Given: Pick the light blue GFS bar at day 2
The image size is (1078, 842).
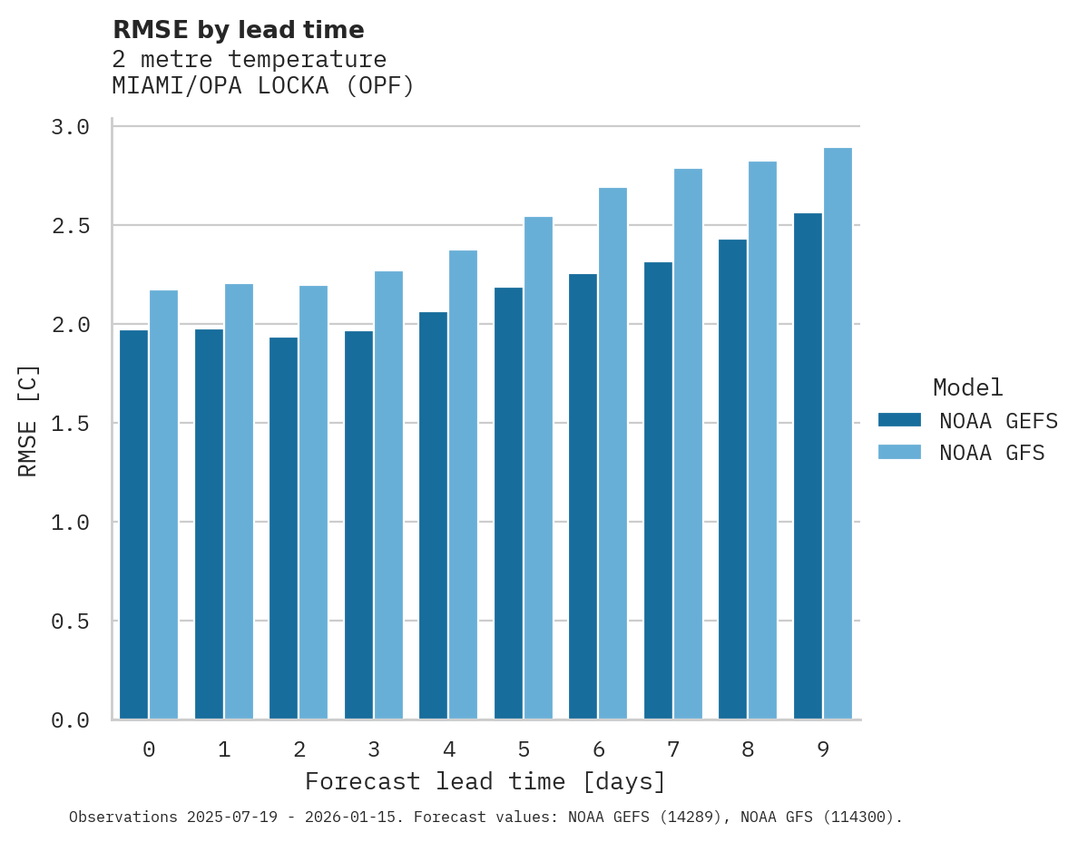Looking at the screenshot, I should [313, 503].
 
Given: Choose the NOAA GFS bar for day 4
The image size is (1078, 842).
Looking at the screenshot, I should [463, 485].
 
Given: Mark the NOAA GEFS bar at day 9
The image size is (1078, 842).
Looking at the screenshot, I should [808, 466].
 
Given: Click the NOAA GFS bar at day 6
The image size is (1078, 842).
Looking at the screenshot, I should [612, 454].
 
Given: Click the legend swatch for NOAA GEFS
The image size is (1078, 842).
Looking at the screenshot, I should [899, 420].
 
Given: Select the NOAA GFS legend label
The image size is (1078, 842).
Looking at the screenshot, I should [992, 453].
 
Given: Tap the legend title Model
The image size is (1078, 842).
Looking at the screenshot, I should [967, 387].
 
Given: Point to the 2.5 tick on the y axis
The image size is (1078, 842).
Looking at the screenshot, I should [70, 225].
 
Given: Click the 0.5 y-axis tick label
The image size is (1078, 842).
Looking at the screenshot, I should [70, 622].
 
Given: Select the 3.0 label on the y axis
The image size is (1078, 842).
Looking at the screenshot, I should [70, 127].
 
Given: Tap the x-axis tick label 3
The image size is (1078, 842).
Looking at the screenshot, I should [374, 749].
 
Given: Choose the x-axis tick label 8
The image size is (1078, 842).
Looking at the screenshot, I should [748, 749].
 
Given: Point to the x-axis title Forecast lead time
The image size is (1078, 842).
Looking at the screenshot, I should [485, 781].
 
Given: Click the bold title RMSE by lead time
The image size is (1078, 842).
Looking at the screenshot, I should [238, 30].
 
